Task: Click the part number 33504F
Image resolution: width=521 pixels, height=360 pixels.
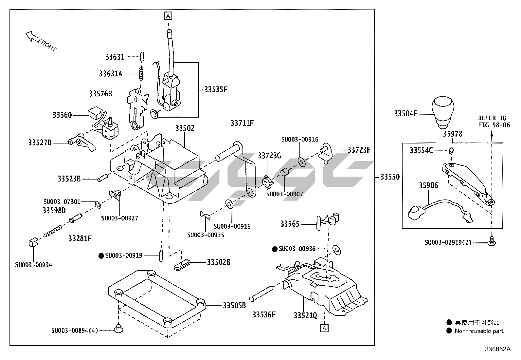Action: (x=405, y=114)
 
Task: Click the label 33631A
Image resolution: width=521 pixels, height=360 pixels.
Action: (x=111, y=74)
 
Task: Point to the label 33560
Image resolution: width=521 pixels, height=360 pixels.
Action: (x=62, y=115)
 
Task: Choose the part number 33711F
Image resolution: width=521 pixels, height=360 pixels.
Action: (x=242, y=123)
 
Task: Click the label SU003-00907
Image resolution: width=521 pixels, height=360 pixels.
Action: (x=284, y=194)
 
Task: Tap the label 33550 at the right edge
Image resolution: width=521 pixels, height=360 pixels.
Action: (x=390, y=177)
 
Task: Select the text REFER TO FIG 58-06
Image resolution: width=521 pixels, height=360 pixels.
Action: (x=494, y=121)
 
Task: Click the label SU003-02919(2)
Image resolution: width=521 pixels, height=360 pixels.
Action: (x=448, y=243)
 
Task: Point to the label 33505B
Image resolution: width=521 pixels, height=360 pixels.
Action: (x=234, y=306)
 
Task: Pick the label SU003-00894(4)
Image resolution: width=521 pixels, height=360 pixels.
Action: (x=74, y=331)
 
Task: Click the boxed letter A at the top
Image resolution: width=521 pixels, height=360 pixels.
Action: (x=168, y=15)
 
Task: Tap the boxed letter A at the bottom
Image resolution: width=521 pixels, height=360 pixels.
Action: (x=324, y=328)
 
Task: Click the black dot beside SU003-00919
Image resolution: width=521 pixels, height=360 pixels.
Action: (x=101, y=256)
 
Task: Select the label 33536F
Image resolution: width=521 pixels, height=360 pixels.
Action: (x=264, y=315)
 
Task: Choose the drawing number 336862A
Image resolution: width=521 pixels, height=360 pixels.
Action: (x=497, y=349)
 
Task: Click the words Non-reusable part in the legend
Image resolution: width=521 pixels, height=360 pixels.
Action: (x=479, y=331)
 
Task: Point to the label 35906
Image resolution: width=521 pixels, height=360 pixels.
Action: (x=428, y=186)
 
